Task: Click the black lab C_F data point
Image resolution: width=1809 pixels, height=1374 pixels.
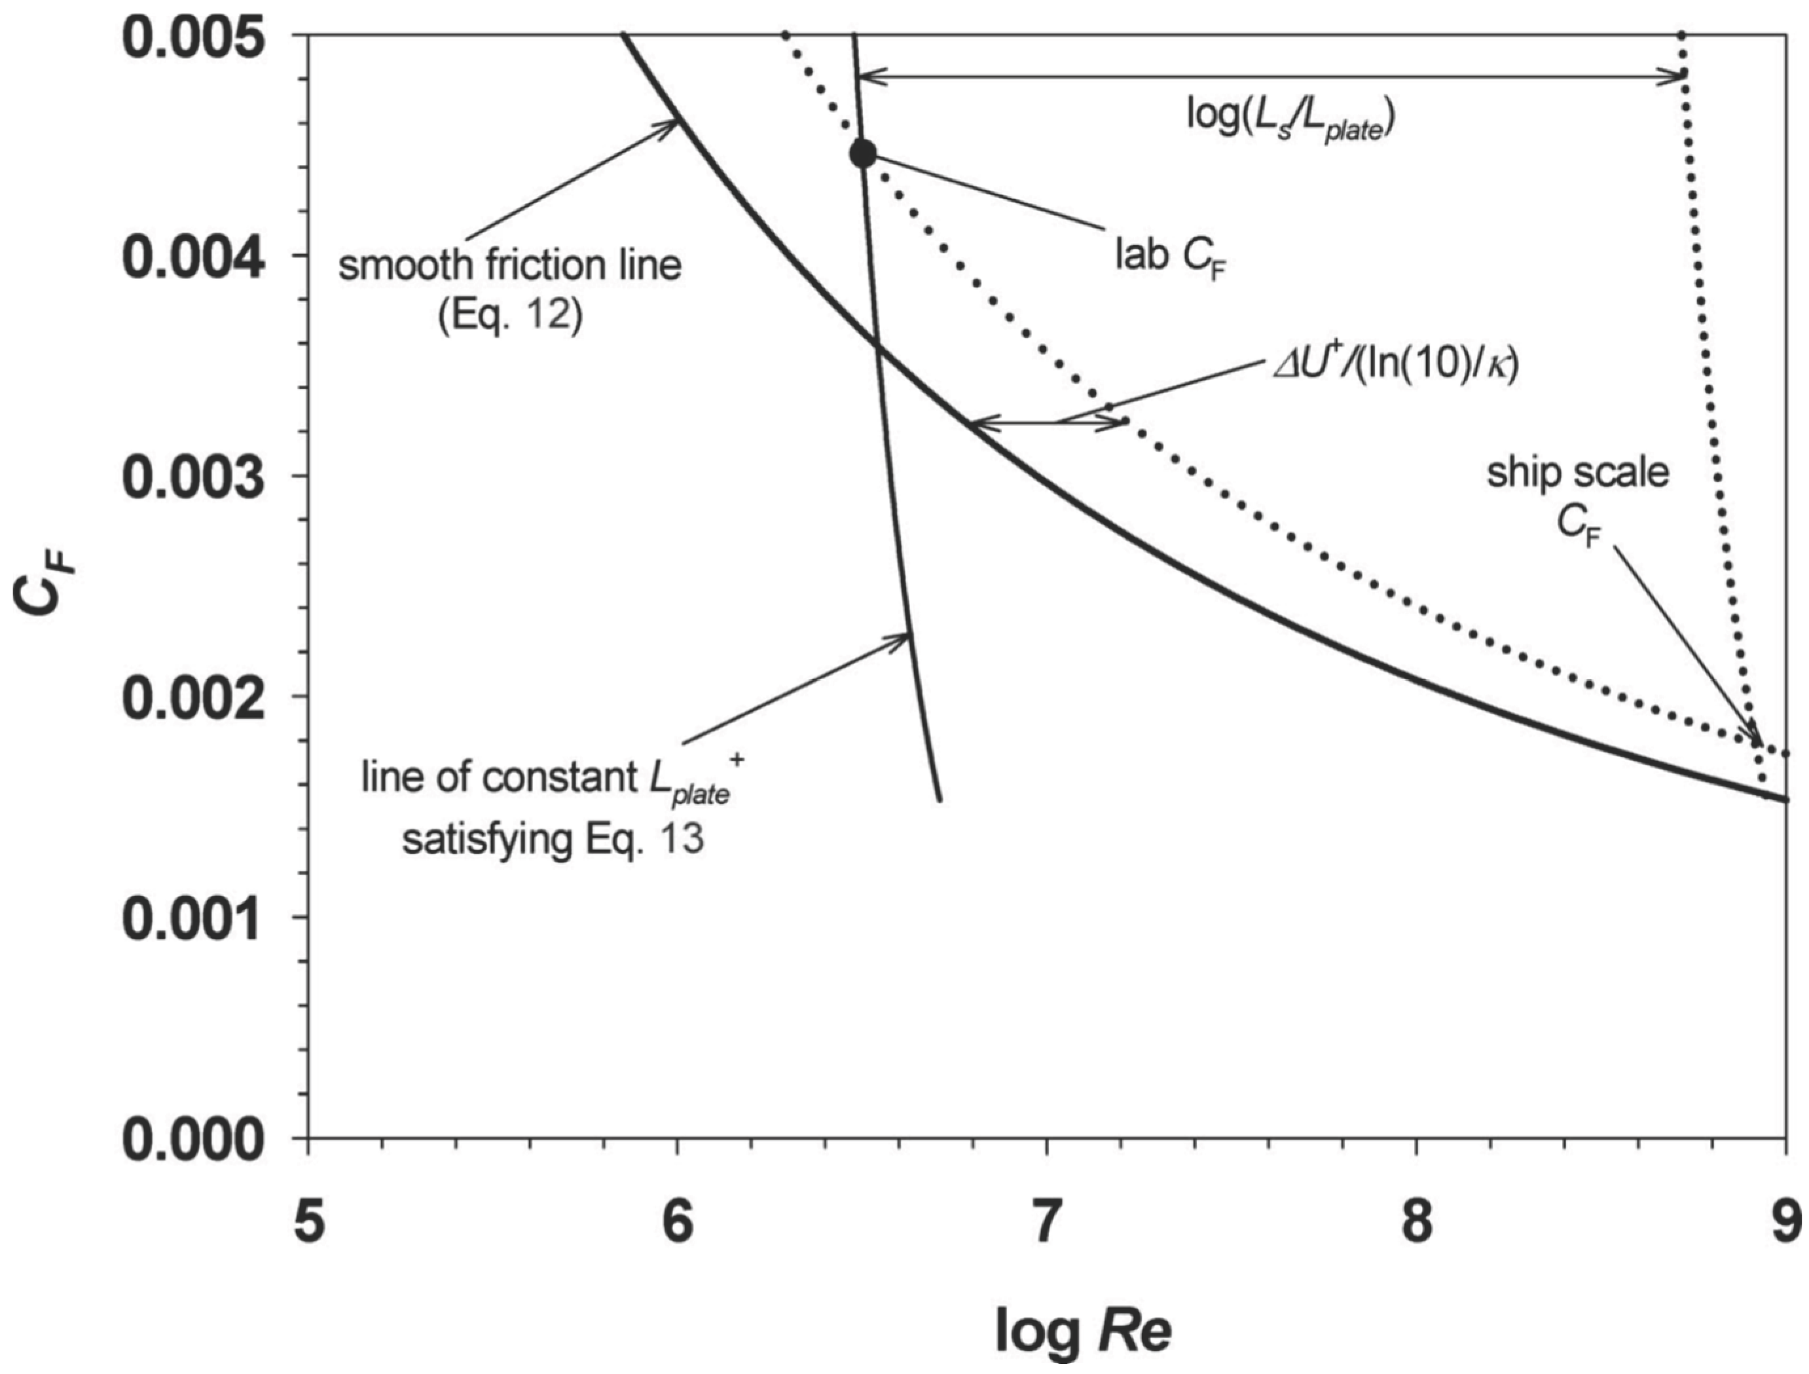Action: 863,153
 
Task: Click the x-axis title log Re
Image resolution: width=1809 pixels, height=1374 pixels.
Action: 1083,1331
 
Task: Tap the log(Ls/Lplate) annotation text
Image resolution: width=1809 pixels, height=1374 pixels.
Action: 1290,119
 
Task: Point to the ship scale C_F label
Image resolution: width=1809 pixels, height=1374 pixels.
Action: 1577,497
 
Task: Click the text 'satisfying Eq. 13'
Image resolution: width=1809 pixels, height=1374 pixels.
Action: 552,840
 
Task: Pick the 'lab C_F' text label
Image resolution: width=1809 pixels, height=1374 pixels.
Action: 1172,259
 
